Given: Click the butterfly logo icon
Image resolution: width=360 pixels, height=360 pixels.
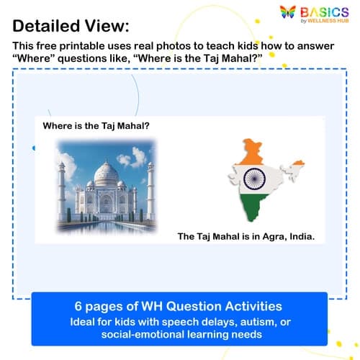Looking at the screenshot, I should coord(288,14).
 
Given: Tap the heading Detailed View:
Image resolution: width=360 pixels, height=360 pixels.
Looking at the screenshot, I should coord(71,27).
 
